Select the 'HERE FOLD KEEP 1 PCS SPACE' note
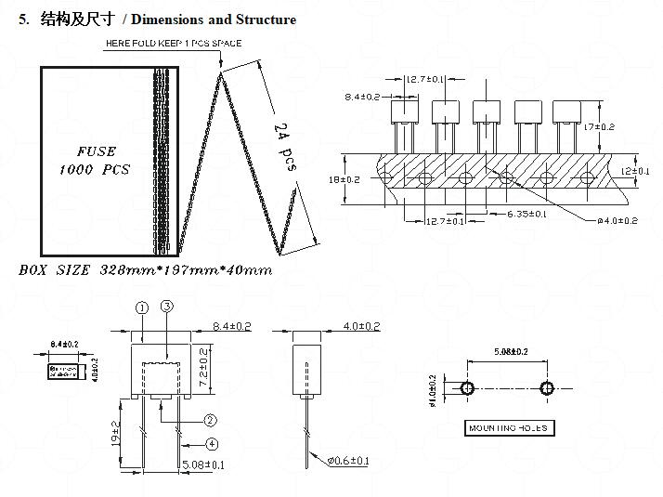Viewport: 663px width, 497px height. pyautogui.click(x=173, y=44)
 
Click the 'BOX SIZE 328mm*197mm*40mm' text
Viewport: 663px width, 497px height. pyautogui.click(x=146, y=270)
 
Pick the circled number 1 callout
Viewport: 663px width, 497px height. pyautogui.click(x=142, y=307)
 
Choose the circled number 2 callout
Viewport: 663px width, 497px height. pyautogui.click(x=211, y=420)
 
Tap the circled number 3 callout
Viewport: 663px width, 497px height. pyautogui.click(x=167, y=307)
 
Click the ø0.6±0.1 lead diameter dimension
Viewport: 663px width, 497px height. pyautogui.click(x=348, y=461)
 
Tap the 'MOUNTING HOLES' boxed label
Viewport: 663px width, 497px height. pyautogui.click(x=507, y=428)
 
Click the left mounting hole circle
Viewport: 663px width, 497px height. pyautogui.click(x=466, y=387)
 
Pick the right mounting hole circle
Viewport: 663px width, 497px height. pyautogui.click(x=546, y=387)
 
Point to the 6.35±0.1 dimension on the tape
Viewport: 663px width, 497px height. pyautogui.click(x=526, y=215)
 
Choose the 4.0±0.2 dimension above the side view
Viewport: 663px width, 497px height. pyautogui.click(x=362, y=326)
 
